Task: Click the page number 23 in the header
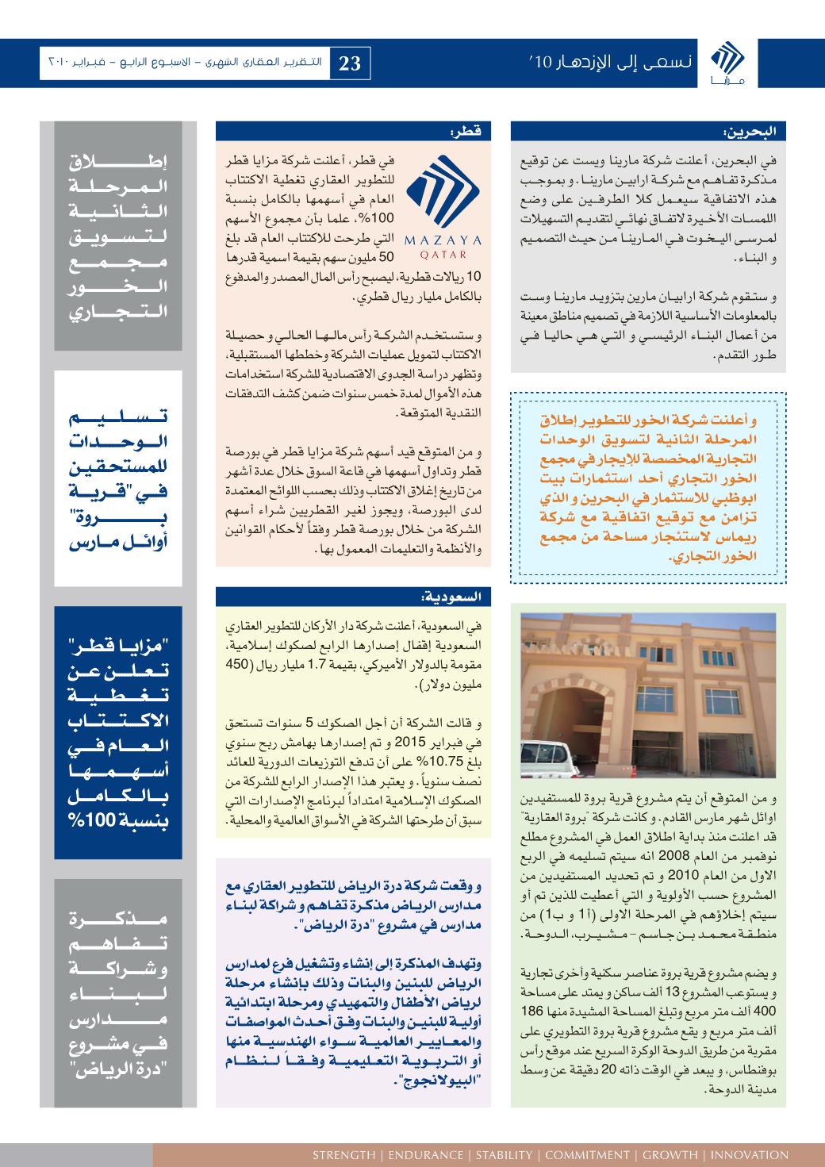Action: [350, 63]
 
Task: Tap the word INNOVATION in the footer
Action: [749, 1154]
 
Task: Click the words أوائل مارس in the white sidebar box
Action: [117, 547]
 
